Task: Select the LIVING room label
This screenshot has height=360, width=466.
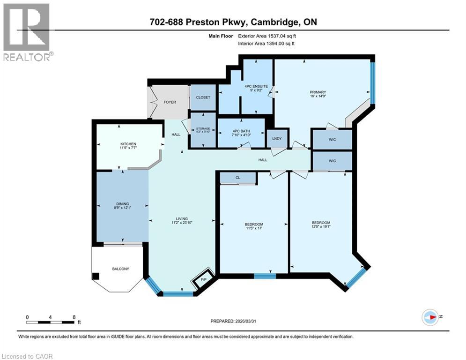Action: [182, 218]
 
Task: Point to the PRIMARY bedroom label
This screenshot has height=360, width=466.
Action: [317, 92]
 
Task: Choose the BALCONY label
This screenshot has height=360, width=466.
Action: [120, 269]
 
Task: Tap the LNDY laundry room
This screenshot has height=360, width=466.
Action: [276, 139]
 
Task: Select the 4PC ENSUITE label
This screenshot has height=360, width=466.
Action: [256, 86]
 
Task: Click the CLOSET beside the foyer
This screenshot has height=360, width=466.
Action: [203, 97]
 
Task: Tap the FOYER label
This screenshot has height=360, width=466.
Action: [170, 102]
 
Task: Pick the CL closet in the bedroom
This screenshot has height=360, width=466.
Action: [238, 178]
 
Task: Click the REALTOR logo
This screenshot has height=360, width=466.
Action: [27, 32]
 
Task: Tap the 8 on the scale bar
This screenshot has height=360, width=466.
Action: [74, 317]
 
